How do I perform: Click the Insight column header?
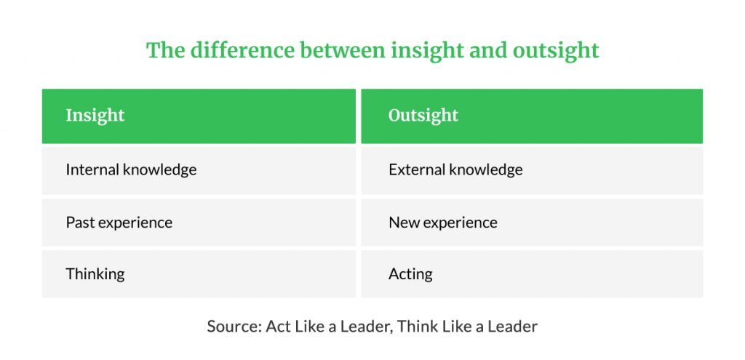click(199, 116)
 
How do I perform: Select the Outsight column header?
click(532, 116)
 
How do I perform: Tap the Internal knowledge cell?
click(199, 170)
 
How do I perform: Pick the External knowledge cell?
click(532, 170)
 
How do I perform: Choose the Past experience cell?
click(199, 223)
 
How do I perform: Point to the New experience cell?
click(532, 223)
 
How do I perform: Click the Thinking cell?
click(199, 274)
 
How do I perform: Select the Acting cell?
click(532, 274)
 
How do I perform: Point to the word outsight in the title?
click(556, 51)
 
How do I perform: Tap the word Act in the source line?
click(278, 327)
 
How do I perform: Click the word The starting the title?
click(165, 50)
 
